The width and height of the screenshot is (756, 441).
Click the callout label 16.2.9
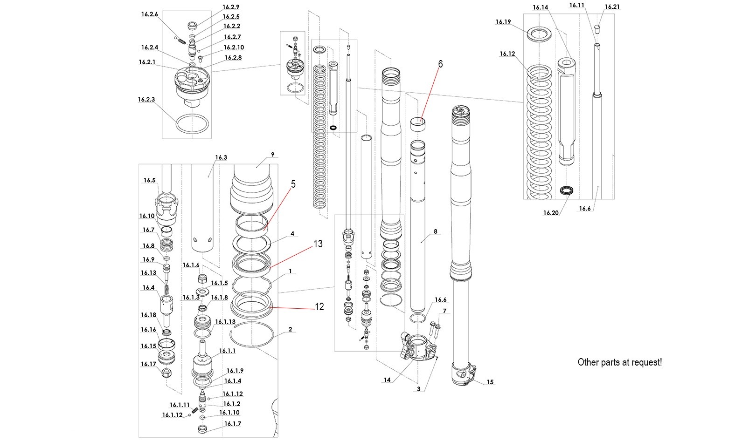pos(231,7)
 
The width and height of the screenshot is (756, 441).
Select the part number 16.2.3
pos(146,99)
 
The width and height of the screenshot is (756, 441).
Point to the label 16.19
pos(503,22)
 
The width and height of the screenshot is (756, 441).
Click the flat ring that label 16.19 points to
pos(540,34)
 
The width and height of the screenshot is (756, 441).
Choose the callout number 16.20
pos(550,213)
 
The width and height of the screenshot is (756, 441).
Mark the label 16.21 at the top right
pos(612,7)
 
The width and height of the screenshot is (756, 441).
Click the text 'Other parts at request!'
pos(619,362)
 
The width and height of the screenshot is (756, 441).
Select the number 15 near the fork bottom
pos(490,382)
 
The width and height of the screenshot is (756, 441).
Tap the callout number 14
pos(387,380)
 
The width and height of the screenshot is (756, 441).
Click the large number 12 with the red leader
pos(319,307)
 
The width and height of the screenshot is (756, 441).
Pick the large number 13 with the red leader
pos(318,244)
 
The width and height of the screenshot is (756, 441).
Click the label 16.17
pos(149,364)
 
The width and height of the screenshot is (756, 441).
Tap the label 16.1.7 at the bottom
pos(232,424)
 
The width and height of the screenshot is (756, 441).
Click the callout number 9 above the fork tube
pos(272,154)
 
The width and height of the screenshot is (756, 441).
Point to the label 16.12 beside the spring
pos(507,54)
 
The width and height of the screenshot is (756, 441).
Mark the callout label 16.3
pos(221,157)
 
